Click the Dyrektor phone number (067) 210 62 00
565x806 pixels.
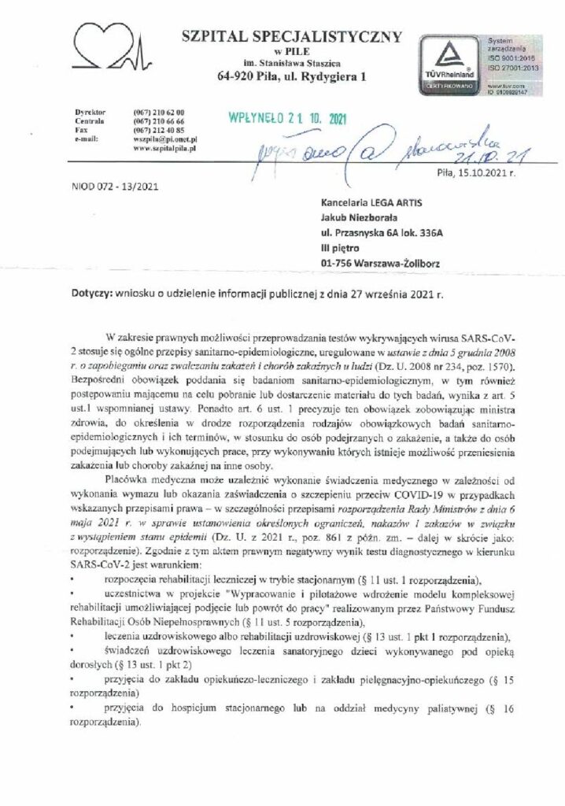153,113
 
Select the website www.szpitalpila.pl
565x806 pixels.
164,147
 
